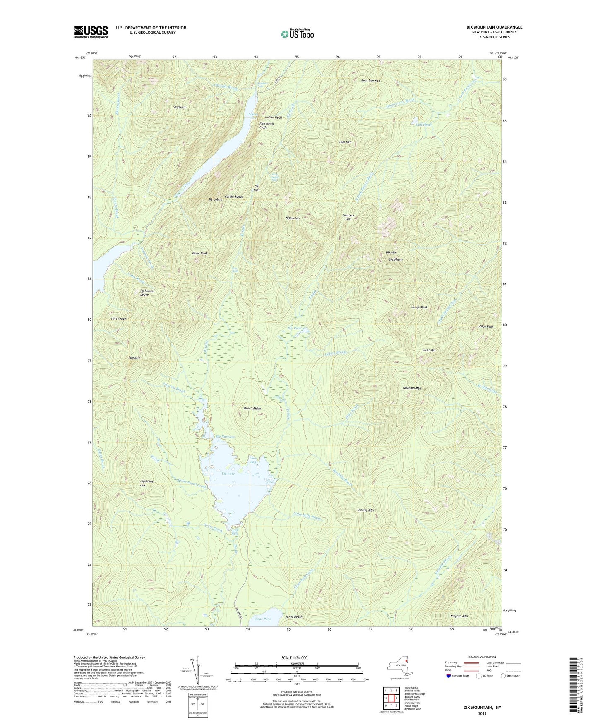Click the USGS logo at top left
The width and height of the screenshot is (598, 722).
[91, 32]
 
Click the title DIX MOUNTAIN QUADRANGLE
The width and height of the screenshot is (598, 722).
[494, 27]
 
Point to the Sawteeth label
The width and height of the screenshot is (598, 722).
[180, 107]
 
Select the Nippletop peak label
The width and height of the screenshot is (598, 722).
[292, 218]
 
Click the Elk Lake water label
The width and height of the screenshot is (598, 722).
[228, 474]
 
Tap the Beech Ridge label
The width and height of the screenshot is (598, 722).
[252, 409]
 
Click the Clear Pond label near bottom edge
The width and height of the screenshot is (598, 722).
[262, 619]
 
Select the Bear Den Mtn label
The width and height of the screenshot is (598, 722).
[370, 81]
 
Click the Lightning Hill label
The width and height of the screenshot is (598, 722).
[146, 483]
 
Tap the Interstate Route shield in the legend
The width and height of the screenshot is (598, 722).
[449, 676]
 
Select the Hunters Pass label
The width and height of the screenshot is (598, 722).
[348, 217]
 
